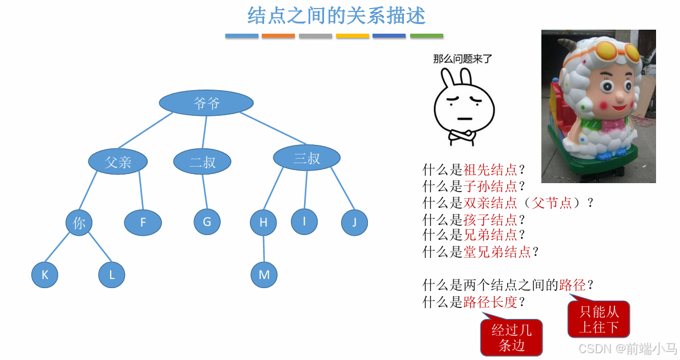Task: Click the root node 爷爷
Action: pyautogui.click(x=205, y=103)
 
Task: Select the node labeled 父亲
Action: pyautogui.click(x=118, y=161)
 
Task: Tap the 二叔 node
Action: pyautogui.click(x=202, y=161)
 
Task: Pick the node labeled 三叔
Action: pyautogui.click(x=306, y=158)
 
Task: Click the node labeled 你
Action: pyautogui.click(x=79, y=223)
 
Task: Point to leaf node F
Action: pyautogui.click(x=143, y=223)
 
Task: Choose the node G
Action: pyautogui.click(x=207, y=221)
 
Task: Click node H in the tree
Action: pyautogui.click(x=263, y=223)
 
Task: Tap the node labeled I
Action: pyautogui.click(x=304, y=221)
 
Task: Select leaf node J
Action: pyautogui.click(x=354, y=223)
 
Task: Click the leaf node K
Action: pyautogui.click(x=44, y=275)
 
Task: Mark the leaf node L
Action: pyautogui.click(x=111, y=275)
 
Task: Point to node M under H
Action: pyautogui.click(x=264, y=275)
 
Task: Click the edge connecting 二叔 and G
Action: pyautogui.click(x=204, y=191)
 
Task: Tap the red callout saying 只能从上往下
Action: pyautogui.click(x=598, y=319)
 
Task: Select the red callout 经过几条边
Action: pyautogui.click(x=511, y=338)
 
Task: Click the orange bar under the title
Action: pyautogui.click(x=278, y=36)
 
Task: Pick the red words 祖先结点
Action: pyautogui.click(x=491, y=169)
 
